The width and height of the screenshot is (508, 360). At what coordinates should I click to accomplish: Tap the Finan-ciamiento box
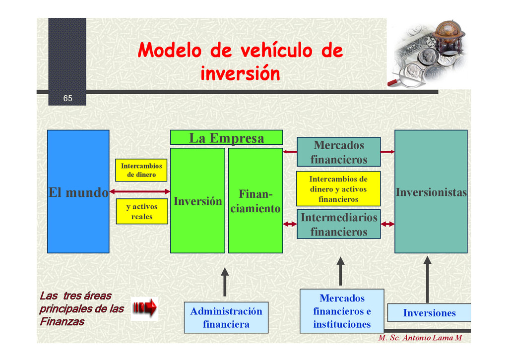tap(255, 201)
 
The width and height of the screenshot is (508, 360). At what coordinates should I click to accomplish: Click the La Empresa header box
tap(226, 137)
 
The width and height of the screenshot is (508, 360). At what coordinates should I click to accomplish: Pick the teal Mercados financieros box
tap(338, 152)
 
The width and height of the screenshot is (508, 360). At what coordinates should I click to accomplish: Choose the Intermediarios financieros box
tap(338, 224)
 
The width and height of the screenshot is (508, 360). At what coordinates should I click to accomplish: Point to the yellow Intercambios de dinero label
tap(141, 170)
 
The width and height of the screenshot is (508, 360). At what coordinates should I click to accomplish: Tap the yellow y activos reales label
tap(142, 212)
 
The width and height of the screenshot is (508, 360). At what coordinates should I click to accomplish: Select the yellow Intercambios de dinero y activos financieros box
tap(338, 188)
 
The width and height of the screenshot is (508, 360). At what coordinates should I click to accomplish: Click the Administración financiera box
tap(226, 317)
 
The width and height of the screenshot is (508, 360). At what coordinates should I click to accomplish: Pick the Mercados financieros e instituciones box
tap(342, 311)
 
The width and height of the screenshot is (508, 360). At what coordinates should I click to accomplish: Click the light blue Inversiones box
tap(429, 313)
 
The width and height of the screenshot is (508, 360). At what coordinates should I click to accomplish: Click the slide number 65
tap(67, 98)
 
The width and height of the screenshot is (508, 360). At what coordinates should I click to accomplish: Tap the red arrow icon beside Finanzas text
tap(145, 309)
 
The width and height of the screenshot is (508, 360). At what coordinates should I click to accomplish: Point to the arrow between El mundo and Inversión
tap(139, 191)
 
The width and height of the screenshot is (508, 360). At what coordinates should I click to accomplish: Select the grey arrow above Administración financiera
tap(225, 282)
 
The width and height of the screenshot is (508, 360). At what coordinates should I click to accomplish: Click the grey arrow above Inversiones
tap(427, 279)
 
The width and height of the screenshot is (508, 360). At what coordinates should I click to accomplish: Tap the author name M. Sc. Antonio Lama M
tap(420, 338)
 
